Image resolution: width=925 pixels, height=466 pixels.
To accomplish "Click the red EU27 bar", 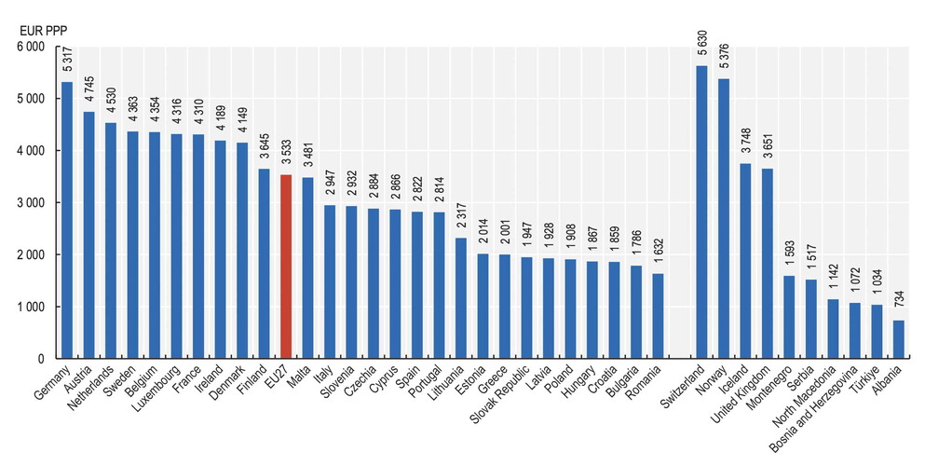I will click(286, 267).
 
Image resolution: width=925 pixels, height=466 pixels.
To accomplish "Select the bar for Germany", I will click(67, 220).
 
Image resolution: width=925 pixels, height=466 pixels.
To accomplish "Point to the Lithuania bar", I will click(461, 298).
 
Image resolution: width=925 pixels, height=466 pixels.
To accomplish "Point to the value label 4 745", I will click(89, 90).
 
